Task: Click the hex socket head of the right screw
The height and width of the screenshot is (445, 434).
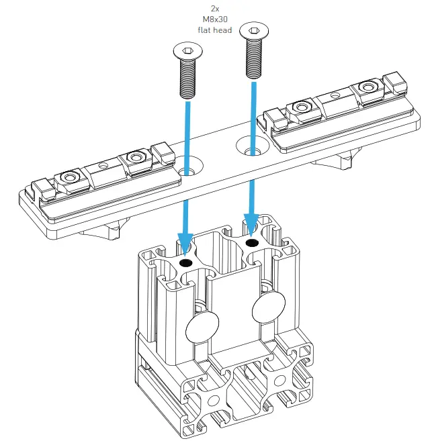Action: coord(253,31)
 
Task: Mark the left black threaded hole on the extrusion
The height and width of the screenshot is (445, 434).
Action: coord(185,262)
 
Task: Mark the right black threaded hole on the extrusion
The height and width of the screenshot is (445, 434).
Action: coord(252,242)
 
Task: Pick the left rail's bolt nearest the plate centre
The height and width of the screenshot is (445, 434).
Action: coord(137,158)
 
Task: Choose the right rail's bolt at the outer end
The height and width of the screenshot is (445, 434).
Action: coord(367,87)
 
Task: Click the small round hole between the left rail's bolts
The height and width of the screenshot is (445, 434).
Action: coord(102,165)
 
